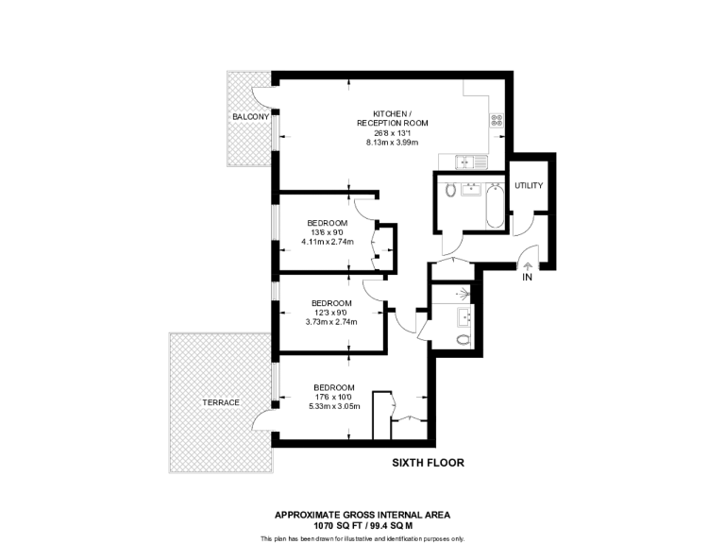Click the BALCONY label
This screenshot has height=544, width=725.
(250, 117)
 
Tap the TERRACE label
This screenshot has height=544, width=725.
(220, 402)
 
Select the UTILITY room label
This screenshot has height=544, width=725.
(529, 185)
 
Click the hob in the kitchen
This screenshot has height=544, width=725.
(497, 120)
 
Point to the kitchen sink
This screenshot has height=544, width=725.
(467, 161)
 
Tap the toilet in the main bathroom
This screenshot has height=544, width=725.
(450, 191)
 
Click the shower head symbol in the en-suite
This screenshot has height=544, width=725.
(464, 292)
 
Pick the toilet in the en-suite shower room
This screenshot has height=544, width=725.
(463, 339)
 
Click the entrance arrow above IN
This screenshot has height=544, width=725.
(528, 264)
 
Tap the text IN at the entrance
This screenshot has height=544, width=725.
(528, 279)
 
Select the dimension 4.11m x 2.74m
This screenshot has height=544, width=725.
(327, 242)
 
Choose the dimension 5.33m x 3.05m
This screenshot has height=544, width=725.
(334, 406)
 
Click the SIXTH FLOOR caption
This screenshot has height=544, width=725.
(428, 463)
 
